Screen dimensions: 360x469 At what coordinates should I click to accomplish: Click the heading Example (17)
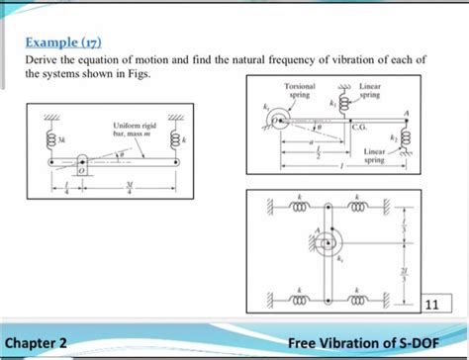click(63, 44)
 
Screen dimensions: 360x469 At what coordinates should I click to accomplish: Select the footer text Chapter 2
click(39, 342)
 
